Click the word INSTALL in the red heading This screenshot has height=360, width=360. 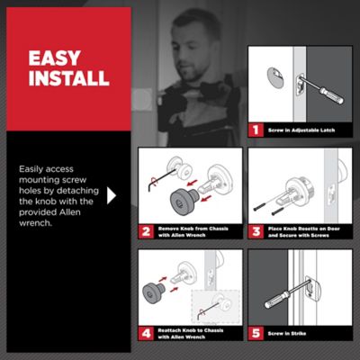69,78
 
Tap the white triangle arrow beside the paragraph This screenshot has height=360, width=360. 112,193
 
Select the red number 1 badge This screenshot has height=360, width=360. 256,130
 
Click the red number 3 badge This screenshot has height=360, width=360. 256,231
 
